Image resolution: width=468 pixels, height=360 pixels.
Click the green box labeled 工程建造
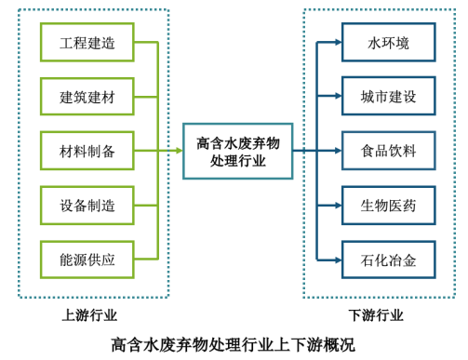pyautogui.click(x=87, y=43)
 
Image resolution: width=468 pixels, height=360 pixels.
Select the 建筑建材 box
pyautogui.click(x=87, y=97)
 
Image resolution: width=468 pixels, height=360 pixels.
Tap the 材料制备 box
pyautogui.click(x=87, y=151)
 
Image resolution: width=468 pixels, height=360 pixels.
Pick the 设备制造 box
pyautogui.click(x=87, y=206)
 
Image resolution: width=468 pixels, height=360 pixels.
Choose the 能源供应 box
pyautogui.click(x=87, y=260)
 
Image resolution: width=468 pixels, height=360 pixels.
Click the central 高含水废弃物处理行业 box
pyautogui.click(x=237, y=151)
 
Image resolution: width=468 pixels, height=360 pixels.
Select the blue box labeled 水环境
pyautogui.click(x=388, y=43)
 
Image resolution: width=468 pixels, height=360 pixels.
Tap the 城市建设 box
pyautogui.click(x=388, y=96)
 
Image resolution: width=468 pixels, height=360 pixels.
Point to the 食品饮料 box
pyautogui.click(x=388, y=151)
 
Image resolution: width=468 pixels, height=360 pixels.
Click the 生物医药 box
pyautogui.click(x=388, y=206)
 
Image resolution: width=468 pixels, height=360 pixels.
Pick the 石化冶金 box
pyautogui.click(x=388, y=260)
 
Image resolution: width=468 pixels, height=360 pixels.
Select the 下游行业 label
pyautogui.click(x=376, y=315)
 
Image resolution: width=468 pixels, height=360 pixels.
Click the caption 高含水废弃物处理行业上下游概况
pyautogui.click(x=233, y=344)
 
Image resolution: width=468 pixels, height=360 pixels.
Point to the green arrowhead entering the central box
pyautogui.click(x=179, y=151)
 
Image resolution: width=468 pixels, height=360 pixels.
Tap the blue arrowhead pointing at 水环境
pyautogui.click(x=338, y=43)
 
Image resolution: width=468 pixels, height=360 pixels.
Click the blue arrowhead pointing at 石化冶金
pyautogui.click(x=338, y=260)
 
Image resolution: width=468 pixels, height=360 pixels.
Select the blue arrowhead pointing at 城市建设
pyautogui.click(x=338, y=96)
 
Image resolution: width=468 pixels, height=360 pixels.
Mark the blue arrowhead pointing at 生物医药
pyautogui.click(x=338, y=206)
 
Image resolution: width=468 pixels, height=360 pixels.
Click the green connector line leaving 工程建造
pyautogui.click(x=146, y=43)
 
